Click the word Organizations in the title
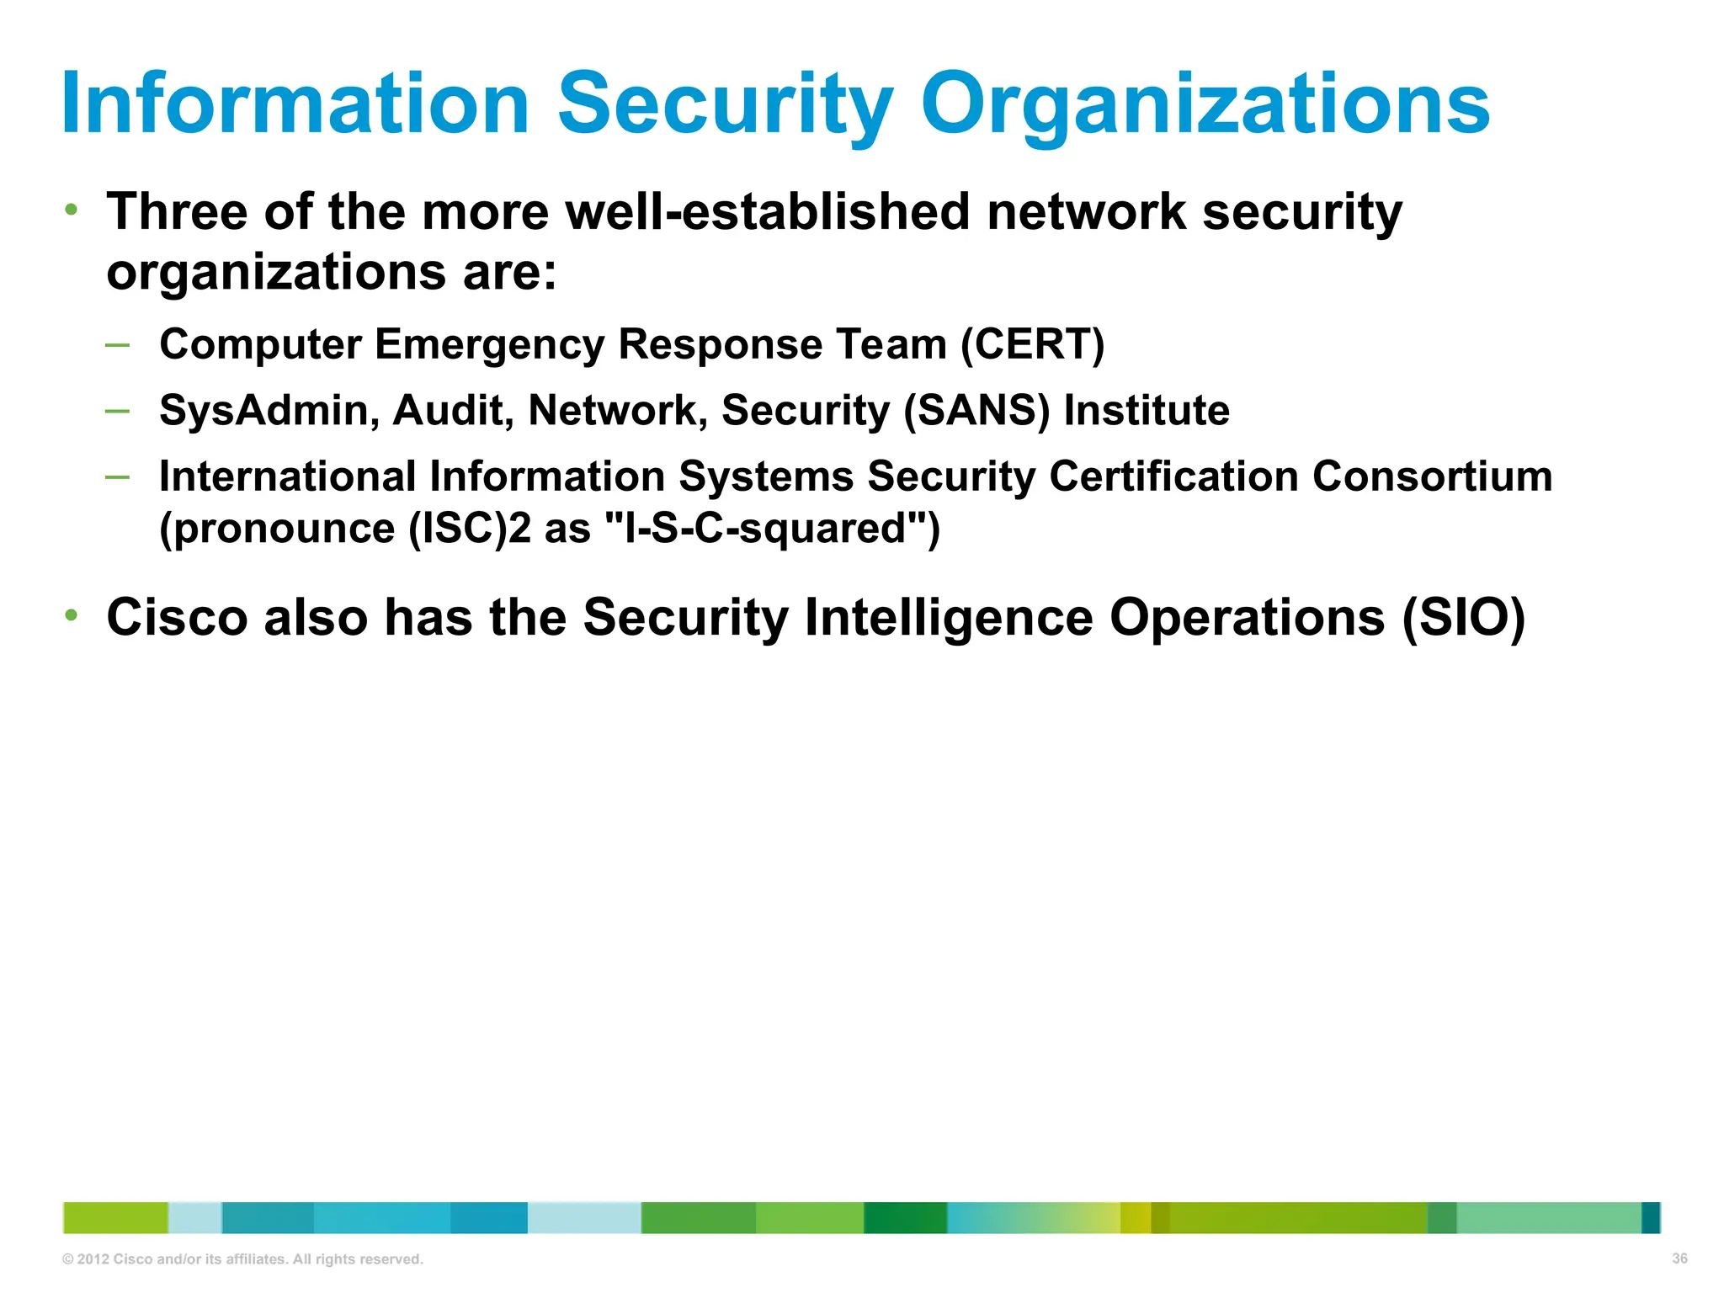click(x=1205, y=105)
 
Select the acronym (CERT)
click(x=1033, y=344)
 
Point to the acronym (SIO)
click(x=1464, y=617)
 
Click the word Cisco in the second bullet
click(x=177, y=617)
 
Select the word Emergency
click(x=489, y=345)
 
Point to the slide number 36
click(x=1679, y=1258)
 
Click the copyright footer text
click(x=242, y=1259)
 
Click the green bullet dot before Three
click(x=72, y=209)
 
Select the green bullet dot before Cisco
click(x=72, y=615)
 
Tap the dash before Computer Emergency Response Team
click(x=117, y=344)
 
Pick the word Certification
click(x=1173, y=476)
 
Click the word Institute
click(x=1147, y=411)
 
